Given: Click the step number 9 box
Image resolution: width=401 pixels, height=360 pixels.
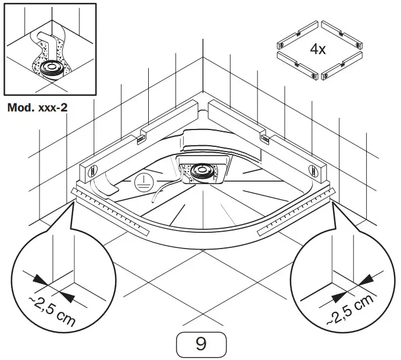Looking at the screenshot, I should (201, 344).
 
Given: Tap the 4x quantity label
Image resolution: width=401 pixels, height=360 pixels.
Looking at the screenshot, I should (317, 49).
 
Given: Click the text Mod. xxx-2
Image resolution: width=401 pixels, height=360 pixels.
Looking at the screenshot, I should (38, 107).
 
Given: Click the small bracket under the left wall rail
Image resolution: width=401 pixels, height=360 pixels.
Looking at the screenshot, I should (141, 139).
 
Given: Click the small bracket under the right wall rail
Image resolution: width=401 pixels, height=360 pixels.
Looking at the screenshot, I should (265, 138).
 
